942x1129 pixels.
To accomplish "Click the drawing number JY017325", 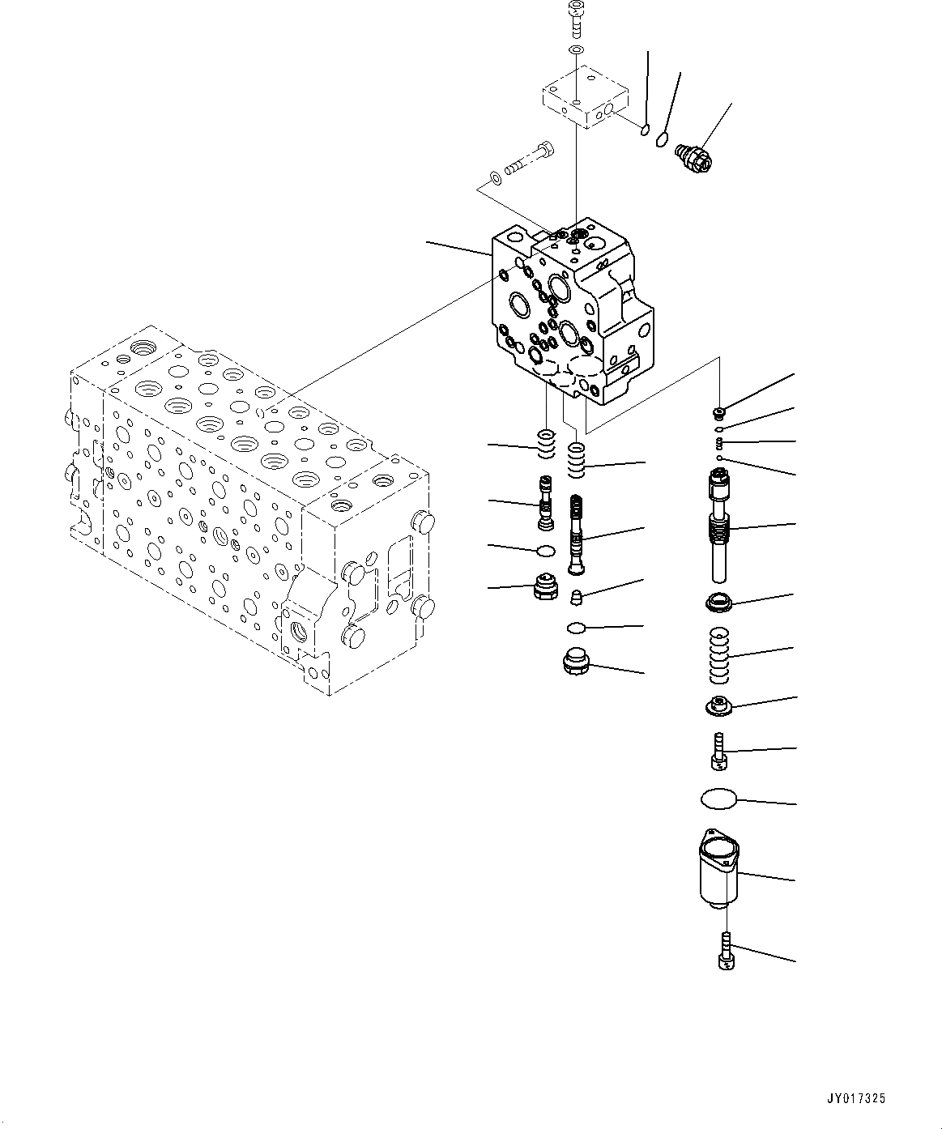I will tap(856, 1099).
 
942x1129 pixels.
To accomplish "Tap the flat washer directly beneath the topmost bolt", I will tap(575, 51).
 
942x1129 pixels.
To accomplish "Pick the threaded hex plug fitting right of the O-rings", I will tap(693, 155).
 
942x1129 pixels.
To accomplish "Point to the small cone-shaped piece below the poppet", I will tap(576, 599).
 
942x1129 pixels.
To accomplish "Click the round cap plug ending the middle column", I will tap(576, 662).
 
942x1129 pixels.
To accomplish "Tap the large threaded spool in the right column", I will tap(722, 522).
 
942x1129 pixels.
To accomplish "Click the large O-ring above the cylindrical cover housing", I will tap(719, 799).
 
